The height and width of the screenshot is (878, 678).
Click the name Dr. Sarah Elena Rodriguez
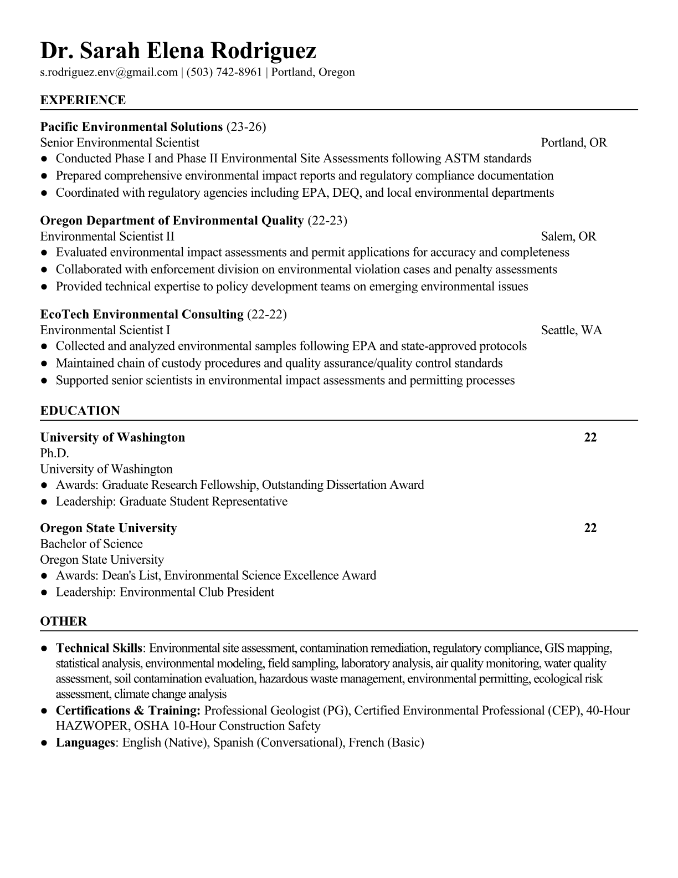pos(178,50)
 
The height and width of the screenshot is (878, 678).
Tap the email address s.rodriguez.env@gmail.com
pos(109,72)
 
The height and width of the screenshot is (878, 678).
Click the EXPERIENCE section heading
pos(83,100)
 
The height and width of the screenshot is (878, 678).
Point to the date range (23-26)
pos(246,127)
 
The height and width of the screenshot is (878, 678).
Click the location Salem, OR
pos(568,237)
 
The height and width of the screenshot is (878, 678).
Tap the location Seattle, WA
pos(571,330)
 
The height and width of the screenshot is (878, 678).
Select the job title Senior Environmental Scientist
pos(120,142)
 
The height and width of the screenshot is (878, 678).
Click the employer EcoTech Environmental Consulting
pos(142,314)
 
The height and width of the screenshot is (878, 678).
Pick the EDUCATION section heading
pos(80,411)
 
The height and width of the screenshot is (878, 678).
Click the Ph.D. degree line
pos(54,453)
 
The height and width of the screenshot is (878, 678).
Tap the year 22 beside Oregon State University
pos(590,528)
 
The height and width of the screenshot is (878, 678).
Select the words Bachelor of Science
pos(91,544)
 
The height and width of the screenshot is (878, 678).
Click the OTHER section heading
pos(64,621)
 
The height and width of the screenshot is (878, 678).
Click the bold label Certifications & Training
pos(128,711)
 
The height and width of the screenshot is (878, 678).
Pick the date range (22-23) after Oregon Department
pos(327,221)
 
